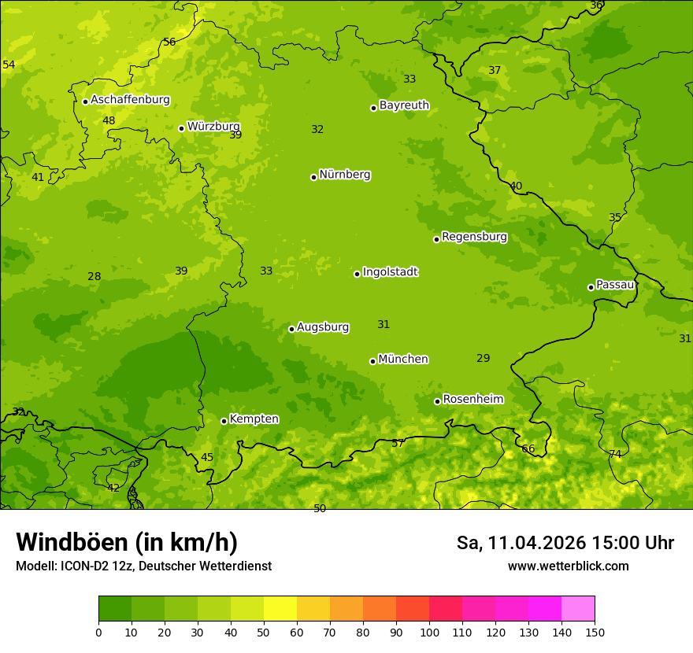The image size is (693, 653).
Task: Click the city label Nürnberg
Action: pos(344,175)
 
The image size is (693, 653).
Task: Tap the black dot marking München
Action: pos(372,361)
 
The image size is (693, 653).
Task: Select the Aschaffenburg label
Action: pos(130,100)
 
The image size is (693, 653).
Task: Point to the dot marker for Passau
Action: pos(591,287)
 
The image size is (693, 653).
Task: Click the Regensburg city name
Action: pos(474,237)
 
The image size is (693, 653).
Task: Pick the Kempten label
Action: pos(254,419)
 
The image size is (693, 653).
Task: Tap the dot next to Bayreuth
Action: pos(373,108)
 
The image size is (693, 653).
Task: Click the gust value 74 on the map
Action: pos(615,454)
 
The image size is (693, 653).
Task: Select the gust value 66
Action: pos(528,449)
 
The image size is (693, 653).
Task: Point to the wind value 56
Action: pos(169,42)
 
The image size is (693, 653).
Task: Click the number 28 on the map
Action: pos(94,276)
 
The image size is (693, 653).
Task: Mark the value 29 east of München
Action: pos(484,358)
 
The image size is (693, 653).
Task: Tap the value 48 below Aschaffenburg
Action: pos(109,120)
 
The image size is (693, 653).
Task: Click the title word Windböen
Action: pos(72,542)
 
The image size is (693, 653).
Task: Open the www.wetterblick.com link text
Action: pos(568,566)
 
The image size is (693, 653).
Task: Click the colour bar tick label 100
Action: pos(429,632)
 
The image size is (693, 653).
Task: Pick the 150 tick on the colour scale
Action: pos(595,632)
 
